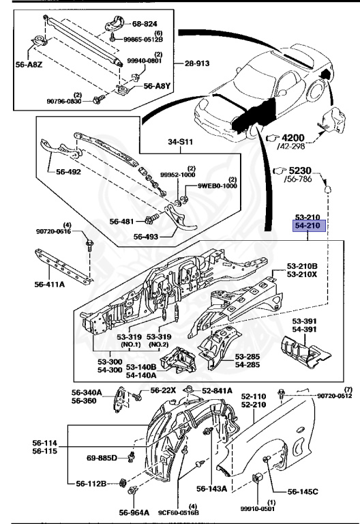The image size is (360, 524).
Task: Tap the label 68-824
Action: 145,24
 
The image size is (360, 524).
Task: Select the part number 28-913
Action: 197,63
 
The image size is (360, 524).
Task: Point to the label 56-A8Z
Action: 29,65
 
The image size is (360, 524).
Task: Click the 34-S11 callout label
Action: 180,142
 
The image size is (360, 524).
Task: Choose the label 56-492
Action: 68,172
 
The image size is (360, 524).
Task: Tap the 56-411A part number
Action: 49,285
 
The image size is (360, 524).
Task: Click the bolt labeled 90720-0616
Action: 89,244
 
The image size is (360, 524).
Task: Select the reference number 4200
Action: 293,138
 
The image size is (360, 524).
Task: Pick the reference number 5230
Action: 300,171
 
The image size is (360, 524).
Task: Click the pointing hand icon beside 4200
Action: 273,138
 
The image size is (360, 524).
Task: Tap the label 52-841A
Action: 217,391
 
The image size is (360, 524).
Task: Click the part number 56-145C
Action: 303,491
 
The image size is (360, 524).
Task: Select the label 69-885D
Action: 102,458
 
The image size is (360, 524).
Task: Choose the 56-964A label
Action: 134,512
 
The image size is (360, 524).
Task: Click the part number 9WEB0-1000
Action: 217,186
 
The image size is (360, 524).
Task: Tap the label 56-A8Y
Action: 157,86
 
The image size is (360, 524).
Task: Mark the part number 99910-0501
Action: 258,508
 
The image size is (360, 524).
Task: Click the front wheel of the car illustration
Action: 253,130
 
